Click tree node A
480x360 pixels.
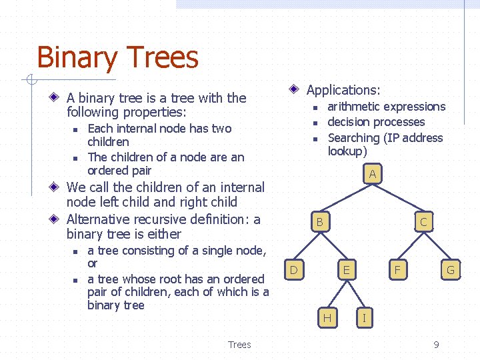pos(372,175)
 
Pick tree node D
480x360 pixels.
pos(293,270)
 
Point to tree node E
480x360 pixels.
pos(346,270)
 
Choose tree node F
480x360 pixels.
pos(398,270)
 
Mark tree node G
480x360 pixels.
pos(450,270)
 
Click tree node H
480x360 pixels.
pos(327,318)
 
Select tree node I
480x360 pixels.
pos(363,318)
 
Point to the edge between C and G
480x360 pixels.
pos(437,246)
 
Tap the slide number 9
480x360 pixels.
pos(436,345)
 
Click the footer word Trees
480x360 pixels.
pos(239,345)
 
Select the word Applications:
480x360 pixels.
pos(343,90)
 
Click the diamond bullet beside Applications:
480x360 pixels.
pos(294,89)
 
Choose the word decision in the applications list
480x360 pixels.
pos(349,122)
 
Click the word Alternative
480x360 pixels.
pos(98,219)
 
